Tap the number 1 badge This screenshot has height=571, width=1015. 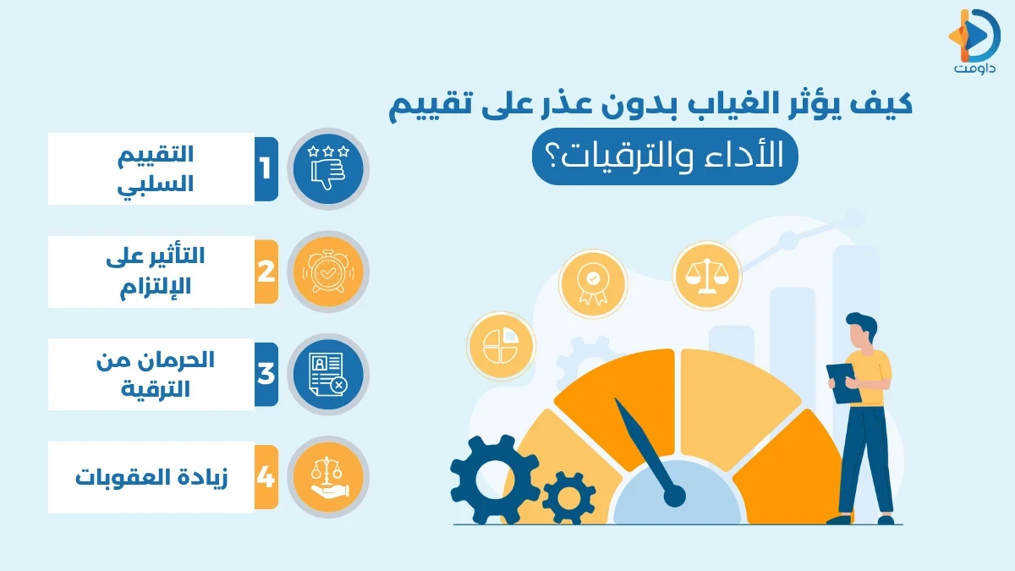click(266, 169)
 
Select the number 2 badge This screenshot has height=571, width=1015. click(266, 272)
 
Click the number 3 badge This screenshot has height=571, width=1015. click(266, 374)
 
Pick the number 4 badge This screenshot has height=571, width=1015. click(266, 477)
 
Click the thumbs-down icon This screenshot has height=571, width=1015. click(327, 169)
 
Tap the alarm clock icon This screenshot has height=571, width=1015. click(327, 272)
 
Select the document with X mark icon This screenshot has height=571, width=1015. click(327, 374)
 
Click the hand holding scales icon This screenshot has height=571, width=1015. click(327, 477)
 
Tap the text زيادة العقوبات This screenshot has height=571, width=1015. click(151, 477)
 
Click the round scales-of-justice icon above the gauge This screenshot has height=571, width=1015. click(706, 276)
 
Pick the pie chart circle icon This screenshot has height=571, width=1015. click(500, 345)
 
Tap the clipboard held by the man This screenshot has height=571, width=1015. click(843, 383)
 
